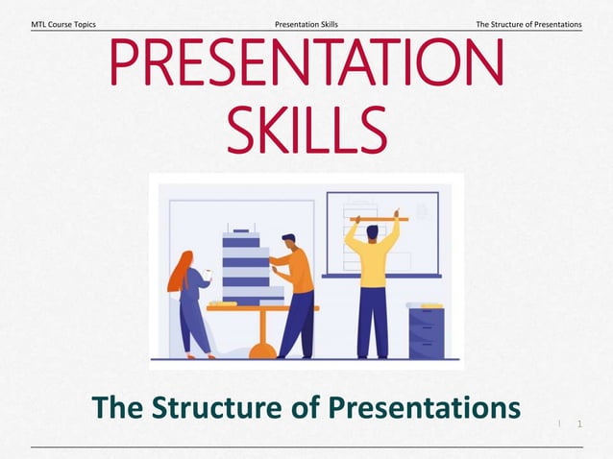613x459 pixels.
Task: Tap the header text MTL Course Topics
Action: tap(63, 23)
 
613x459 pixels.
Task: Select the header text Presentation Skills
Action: tap(306, 23)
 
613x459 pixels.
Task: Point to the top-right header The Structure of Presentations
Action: tap(529, 23)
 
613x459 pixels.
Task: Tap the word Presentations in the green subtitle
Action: tap(429, 407)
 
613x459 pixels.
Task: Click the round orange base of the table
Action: tap(262, 351)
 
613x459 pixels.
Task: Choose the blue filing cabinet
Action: tap(426, 331)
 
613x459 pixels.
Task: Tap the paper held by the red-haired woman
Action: tap(208, 276)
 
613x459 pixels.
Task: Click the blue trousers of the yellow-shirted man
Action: tap(372, 322)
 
